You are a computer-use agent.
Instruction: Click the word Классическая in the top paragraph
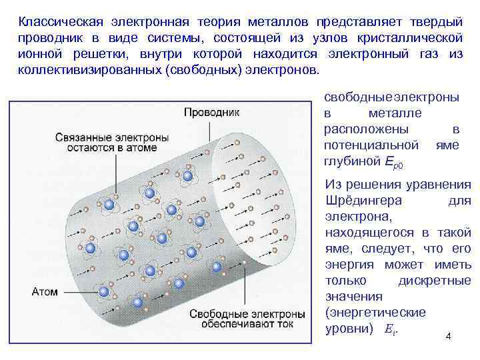pyautogui.click(x=56, y=21)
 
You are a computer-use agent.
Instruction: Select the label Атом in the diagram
pyautogui.click(x=45, y=291)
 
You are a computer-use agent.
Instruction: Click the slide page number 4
pyautogui.click(x=448, y=336)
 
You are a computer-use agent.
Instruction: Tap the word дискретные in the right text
pyautogui.click(x=434, y=280)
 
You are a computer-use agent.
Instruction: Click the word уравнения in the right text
pyautogui.click(x=438, y=184)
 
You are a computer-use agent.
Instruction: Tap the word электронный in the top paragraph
pyautogui.click(x=356, y=53)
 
